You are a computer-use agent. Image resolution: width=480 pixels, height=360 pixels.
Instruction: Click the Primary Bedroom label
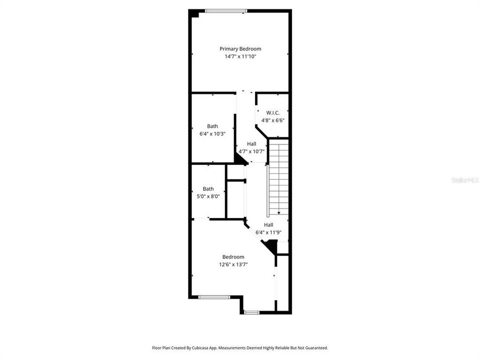(x=240, y=48)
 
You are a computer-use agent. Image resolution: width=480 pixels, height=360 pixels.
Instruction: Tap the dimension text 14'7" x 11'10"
(x=240, y=56)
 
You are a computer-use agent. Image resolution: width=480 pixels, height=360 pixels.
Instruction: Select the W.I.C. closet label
(x=272, y=112)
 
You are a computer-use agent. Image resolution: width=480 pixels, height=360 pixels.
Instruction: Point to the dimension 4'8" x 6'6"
(x=272, y=120)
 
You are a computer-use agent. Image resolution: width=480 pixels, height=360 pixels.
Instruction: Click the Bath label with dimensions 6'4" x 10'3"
(x=212, y=126)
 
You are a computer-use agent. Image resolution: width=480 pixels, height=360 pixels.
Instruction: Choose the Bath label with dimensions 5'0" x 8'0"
(x=208, y=188)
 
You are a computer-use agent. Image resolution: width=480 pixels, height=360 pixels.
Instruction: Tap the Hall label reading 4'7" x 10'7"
(x=251, y=143)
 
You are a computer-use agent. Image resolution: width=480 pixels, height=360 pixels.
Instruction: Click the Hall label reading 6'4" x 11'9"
(x=268, y=225)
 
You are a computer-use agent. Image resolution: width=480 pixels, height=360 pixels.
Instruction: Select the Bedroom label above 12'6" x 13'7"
(x=233, y=256)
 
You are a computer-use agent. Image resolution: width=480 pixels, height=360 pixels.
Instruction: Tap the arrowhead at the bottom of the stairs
(x=278, y=213)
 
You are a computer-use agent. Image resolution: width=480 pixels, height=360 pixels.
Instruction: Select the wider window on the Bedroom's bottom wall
(x=214, y=297)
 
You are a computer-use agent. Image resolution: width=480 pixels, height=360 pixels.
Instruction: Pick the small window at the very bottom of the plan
(x=251, y=313)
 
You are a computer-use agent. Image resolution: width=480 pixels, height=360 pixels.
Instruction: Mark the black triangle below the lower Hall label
(x=271, y=245)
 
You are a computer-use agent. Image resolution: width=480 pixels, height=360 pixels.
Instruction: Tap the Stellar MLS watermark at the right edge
(x=465, y=179)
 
